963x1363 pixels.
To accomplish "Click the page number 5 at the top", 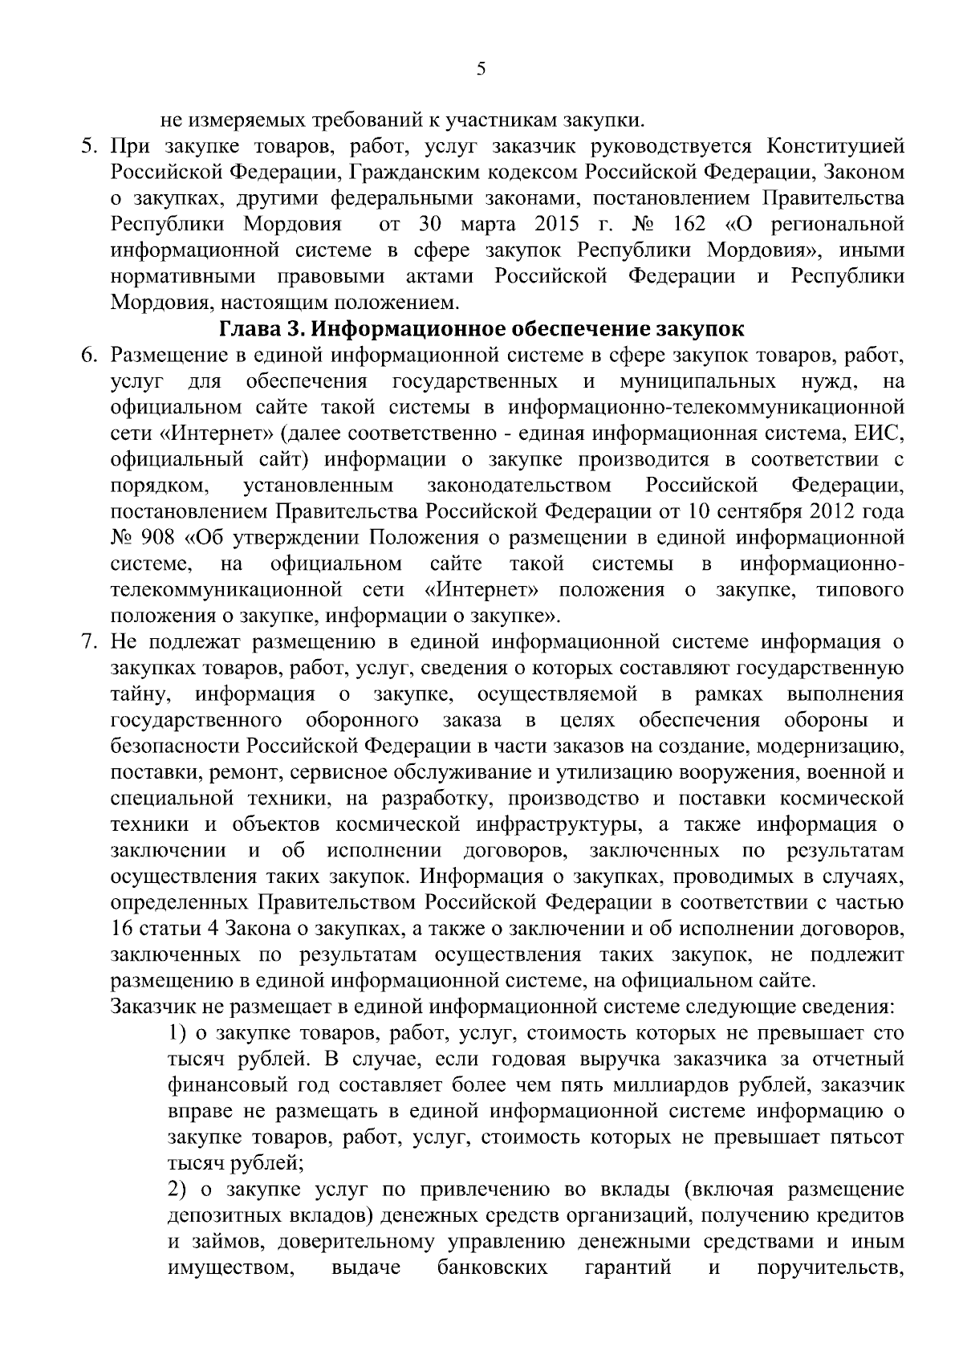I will tap(481, 69).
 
